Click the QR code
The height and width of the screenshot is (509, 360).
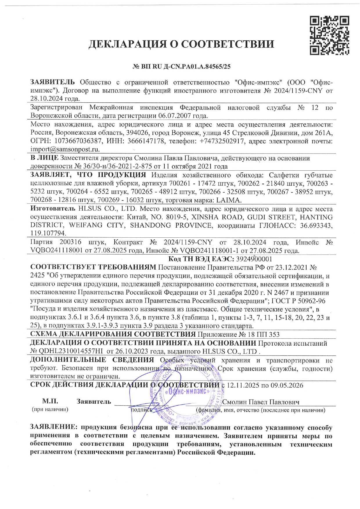pyautogui.click(x=329, y=36)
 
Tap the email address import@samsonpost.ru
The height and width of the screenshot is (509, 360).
pyautogui.click(x=65, y=149)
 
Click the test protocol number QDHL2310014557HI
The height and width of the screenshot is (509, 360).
pyautogui.click(x=71, y=351)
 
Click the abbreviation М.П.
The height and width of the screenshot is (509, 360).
pyautogui.click(x=50, y=402)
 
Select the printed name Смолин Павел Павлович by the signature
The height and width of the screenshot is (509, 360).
pyautogui.click(x=261, y=402)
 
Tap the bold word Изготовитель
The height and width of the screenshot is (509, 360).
pyautogui.click(x=53, y=209)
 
